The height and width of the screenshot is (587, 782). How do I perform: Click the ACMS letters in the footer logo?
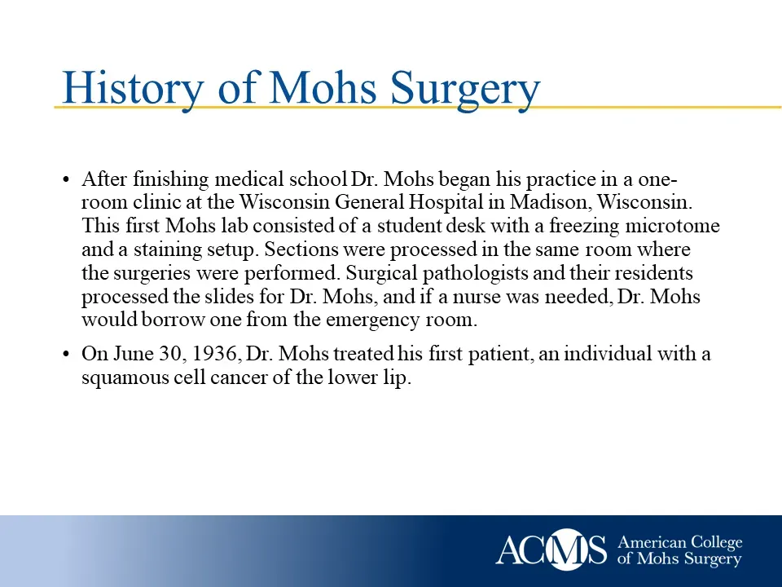click(x=551, y=550)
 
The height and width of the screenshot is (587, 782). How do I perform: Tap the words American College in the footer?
click(x=680, y=542)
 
